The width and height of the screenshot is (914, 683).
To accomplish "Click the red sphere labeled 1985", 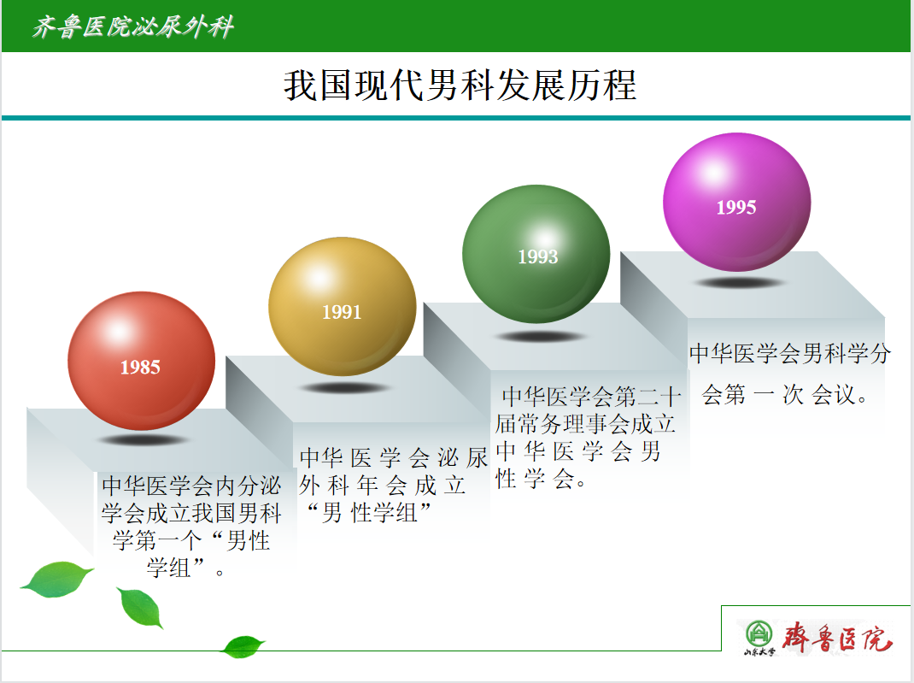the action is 141,361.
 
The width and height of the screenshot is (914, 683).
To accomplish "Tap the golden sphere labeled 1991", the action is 343,306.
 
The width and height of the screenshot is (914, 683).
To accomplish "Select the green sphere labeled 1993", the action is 536,254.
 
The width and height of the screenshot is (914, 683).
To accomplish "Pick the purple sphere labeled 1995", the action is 737,202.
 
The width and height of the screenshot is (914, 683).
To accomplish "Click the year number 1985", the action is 140,368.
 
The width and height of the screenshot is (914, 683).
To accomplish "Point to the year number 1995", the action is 736,207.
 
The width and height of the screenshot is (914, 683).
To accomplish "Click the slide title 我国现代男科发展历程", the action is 460,85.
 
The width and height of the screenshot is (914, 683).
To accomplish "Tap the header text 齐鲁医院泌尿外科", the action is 133,26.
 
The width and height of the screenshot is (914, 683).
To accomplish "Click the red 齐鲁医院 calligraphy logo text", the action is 837,638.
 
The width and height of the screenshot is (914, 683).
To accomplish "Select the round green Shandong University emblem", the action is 759,634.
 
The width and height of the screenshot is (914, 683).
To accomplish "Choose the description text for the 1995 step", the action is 790,374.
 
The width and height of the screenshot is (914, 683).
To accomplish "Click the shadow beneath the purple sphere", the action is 737,283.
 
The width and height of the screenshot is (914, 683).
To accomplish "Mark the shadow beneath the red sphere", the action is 142,439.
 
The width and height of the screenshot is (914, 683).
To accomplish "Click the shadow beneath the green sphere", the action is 539,337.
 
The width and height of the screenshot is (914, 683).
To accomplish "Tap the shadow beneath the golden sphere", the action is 344,388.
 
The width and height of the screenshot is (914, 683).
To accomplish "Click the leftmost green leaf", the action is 56,579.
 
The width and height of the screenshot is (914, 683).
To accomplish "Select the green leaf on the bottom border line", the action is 243,646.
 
